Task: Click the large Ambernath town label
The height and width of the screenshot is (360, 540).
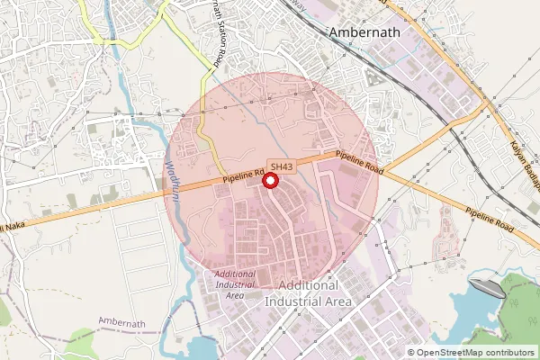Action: point(371,33)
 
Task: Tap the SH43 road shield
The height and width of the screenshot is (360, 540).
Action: point(281,166)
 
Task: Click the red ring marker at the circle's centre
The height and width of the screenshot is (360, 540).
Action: point(269,181)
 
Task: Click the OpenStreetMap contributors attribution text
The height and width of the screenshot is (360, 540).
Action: point(474,353)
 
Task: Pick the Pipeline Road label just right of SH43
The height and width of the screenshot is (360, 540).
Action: point(361,162)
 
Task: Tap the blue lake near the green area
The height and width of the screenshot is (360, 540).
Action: point(468,315)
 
